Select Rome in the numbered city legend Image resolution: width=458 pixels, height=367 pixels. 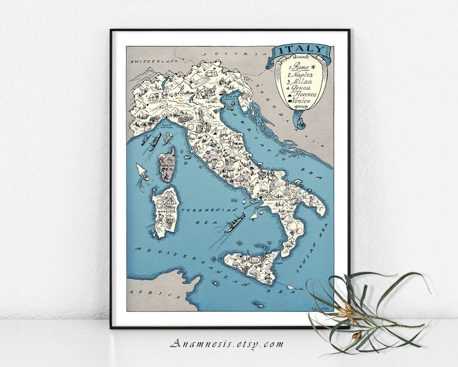299,66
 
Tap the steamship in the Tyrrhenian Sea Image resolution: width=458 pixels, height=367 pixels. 236,223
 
